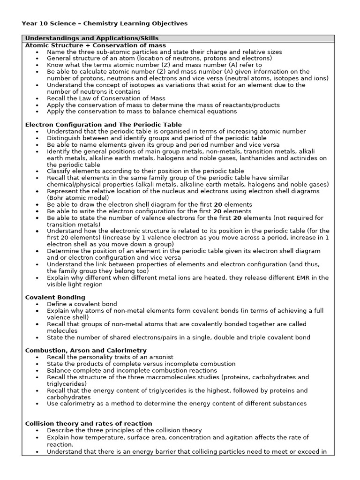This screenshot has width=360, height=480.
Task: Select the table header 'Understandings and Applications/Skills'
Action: pyautogui.click(x=91, y=38)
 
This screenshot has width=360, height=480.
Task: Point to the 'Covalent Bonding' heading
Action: pyautogui.click(x=55, y=297)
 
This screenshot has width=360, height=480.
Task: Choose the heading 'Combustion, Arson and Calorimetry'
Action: pyautogui.click(x=86, y=350)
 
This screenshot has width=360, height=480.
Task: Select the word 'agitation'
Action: pyautogui.click(x=258, y=437)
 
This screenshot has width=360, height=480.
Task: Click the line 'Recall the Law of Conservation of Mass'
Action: pyautogui.click(x=106, y=98)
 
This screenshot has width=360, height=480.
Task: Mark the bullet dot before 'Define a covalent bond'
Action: pyautogui.click(x=37, y=304)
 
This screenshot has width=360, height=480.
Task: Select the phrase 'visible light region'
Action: pyautogui.click(x=75, y=284)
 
